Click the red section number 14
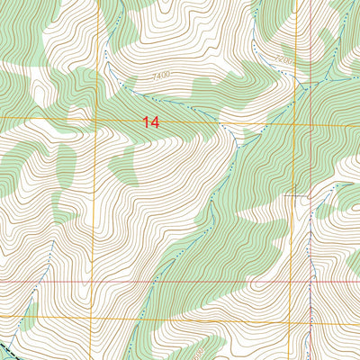pos(150,121)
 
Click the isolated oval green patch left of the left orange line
pos(66,165)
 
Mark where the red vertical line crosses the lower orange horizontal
pos(310,317)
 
